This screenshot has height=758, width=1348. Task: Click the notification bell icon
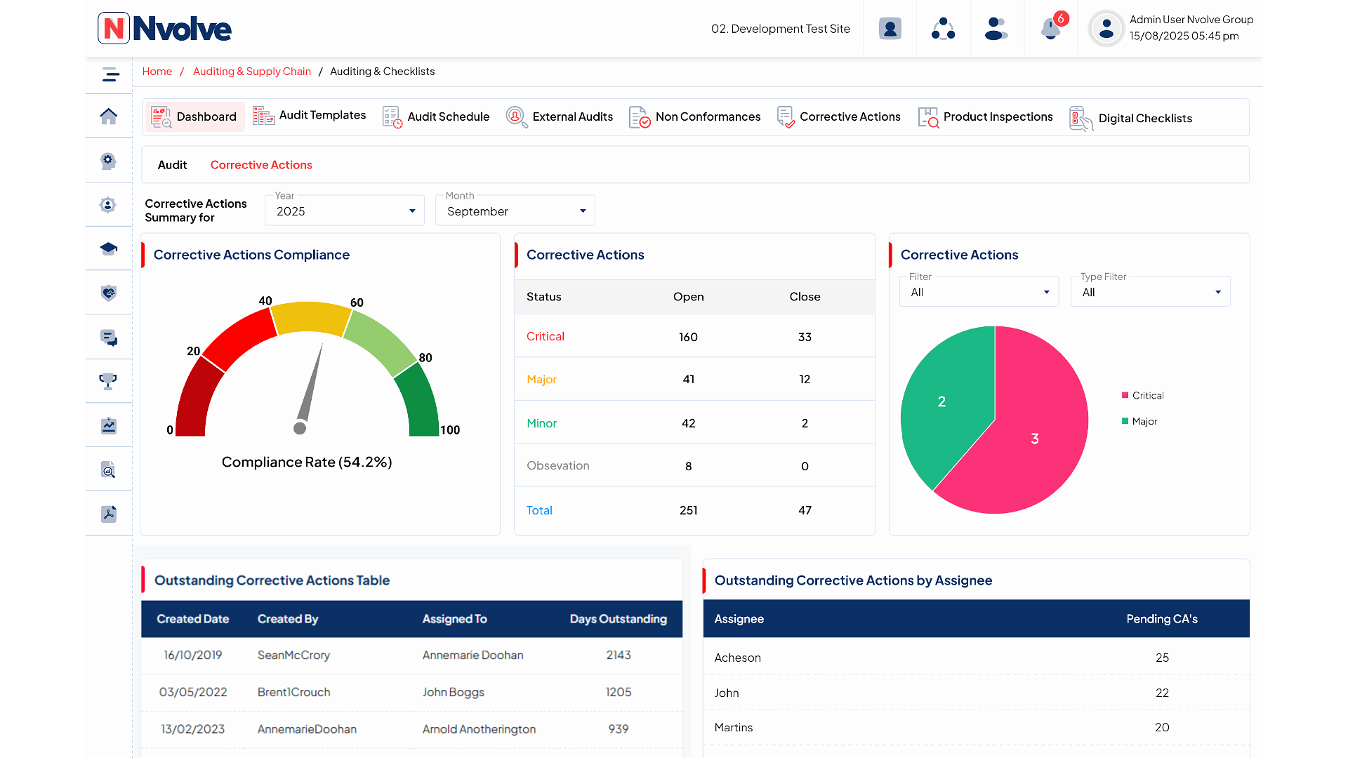[x=1050, y=29]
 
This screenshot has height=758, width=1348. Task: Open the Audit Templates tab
[x=310, y=116]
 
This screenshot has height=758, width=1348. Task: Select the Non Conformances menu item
[x=694, y=117]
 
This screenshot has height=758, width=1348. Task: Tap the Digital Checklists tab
[x=1130, y=118]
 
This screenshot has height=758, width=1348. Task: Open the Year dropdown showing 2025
[x=344, y=211]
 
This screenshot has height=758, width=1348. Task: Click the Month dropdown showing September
[x=515, y=211]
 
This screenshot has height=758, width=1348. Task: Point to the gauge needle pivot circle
[x=300, y=428]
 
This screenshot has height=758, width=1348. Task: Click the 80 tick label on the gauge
[x=425, y=358]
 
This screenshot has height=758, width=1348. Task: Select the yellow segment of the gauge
[x=310, y=317]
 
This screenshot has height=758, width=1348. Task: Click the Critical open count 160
[x=688, y=337]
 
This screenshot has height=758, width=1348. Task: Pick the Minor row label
[x=541, y=423]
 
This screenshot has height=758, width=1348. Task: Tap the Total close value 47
[x=805, y=510]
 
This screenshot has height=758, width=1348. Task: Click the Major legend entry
[x=1144, y=421]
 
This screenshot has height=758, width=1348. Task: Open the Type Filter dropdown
[x=1150, y=292]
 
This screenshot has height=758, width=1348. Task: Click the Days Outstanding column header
[x=618, y=619]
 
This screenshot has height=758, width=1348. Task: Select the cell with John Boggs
[x=453, y=692]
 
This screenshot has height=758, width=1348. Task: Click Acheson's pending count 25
[x=1162, y=658]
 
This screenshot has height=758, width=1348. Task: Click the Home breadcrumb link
[x=157, y=72]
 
